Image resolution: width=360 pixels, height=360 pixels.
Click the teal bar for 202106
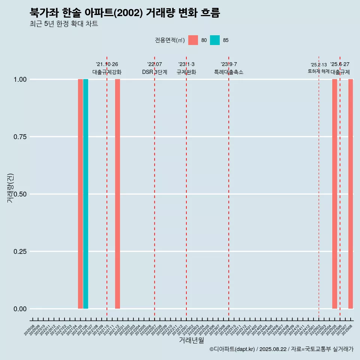point(85,194)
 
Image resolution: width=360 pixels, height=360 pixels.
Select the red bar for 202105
point(80,194)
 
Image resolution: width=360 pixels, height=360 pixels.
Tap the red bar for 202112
point(117,194)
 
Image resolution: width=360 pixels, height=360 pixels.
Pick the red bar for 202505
point(334,194)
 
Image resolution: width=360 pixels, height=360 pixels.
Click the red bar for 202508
point(351,194)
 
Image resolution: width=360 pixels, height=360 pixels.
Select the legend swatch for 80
point(193,40)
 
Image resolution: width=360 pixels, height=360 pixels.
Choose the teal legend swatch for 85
point(215,40)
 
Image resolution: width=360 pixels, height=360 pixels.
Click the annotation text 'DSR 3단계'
point(154,72)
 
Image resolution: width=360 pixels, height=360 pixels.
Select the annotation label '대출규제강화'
point(107,72)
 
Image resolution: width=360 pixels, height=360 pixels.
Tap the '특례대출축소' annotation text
point(229,72)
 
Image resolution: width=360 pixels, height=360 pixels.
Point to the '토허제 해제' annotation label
point(318,71)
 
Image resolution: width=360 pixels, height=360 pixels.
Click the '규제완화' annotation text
point(186,72)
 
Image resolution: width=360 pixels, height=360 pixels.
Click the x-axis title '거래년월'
point(192,340)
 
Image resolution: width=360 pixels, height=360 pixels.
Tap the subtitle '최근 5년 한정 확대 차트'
point(64,24)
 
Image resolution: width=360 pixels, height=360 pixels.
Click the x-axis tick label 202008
point(29,330)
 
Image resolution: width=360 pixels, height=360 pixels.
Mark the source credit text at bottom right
point(281,349)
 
